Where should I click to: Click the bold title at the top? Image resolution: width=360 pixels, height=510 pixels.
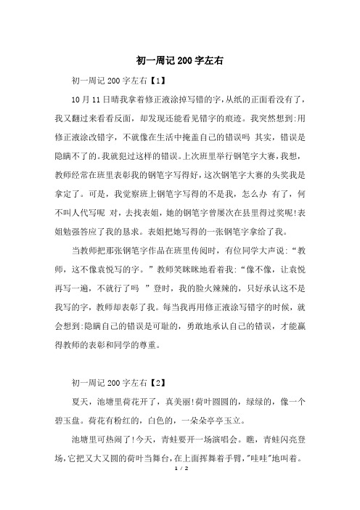click(x=179, y=62)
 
